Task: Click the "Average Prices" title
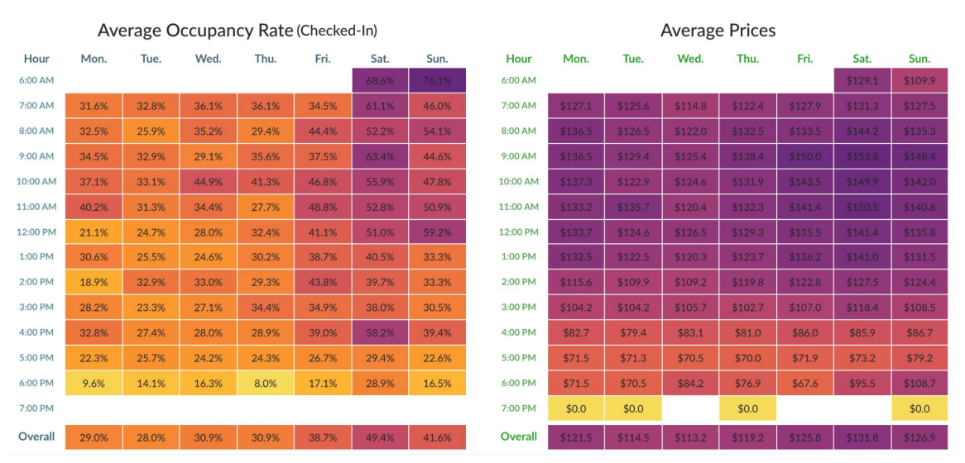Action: click(718, 31)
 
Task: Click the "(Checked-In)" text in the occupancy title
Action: click(337, 31)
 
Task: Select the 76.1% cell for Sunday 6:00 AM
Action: click(437, 80)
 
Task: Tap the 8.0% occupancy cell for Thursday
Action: click(266, 383)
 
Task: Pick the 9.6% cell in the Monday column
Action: click(94, 383)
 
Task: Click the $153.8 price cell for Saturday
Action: click(862, 156)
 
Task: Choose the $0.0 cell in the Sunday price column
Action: click(919, 408)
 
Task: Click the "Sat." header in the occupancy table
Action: click(380, 59)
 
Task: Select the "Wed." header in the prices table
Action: click(690, 59)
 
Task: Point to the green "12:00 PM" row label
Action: click(519, 231)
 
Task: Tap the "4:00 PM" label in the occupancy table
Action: click(37, 332)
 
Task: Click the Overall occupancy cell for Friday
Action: click(323, 437)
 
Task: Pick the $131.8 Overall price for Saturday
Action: click(862, 437)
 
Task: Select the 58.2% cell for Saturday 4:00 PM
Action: click(380, 332)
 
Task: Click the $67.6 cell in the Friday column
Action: click(804, 383)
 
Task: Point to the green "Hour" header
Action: click(519, 59)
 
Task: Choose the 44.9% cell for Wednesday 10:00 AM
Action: click(208, 181)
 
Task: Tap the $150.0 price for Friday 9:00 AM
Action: click(804, 156)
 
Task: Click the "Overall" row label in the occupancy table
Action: click(36, 437)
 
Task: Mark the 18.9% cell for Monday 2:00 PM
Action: click(94, 282)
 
